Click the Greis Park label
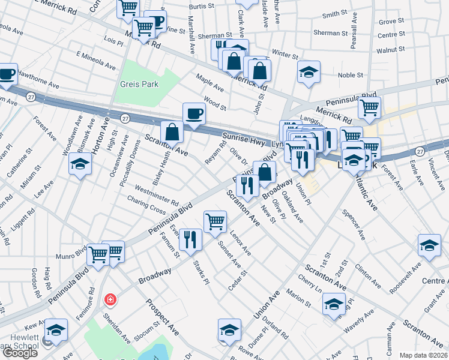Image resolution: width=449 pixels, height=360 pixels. [x=139, y=85]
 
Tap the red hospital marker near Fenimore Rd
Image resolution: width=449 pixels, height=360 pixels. [x=110, y=299]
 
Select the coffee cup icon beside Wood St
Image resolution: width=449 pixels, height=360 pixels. [x=194, y=113]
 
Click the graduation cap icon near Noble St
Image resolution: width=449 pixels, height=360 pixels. [x=309, y=73]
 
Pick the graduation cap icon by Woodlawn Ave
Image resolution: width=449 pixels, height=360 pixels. [x=80, y=163]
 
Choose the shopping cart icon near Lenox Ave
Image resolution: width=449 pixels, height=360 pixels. [x=215, y=222]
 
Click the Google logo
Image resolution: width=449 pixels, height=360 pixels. [x=20, y=353]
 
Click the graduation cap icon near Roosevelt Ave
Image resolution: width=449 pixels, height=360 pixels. [x=429, y=246]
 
